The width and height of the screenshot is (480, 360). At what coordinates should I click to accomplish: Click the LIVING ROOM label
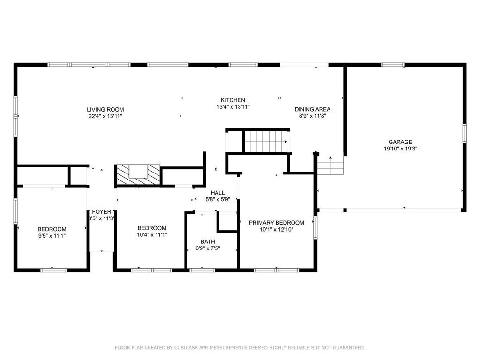pyautogui.click(x=105, y=109)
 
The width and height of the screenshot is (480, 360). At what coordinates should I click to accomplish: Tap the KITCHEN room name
pyautogui.click(x=233, y=100)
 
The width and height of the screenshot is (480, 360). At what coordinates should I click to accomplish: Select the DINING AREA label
pyautogui.click(x=313, y=109)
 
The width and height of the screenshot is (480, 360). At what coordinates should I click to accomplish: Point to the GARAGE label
pyautogui.click(x=400, y=142)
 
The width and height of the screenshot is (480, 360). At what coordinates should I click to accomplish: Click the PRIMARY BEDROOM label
pyautogui.click(x=277, y=223)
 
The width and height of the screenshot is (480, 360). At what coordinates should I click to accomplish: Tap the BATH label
pyautogui.click(x=208, y=241)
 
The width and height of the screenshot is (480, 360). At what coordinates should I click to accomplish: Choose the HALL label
pyautogui.click(x=217, y=193)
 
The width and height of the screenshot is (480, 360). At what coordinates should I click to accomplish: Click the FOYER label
pyautogui.click(x=102, y=212)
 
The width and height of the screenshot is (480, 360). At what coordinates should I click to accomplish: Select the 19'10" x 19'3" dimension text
pyautogui.click(x=400, y=149)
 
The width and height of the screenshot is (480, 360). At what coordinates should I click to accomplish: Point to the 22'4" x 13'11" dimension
pyautogui.click(x=105, y=116)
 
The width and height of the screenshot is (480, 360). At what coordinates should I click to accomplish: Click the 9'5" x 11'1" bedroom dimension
pyautogui.click(x=52, y=236)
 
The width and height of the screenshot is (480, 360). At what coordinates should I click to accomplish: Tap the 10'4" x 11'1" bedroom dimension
pyautogui.click(x=152, y=235)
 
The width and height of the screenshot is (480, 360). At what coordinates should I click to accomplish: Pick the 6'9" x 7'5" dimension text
pyautogui.click(x=208, y=248)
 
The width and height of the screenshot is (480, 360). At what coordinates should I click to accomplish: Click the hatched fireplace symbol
pyautogui.click(x=139, y=175)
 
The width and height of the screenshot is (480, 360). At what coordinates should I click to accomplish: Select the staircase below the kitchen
pyautogui.click(x=267, y=142)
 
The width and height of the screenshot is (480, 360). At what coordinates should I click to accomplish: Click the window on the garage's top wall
pyautogui.click(x=393, y=65)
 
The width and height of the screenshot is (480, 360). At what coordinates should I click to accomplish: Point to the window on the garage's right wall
pyautogui.click(x=465, y=133)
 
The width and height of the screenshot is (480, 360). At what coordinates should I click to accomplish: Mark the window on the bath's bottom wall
pyautogui.click(x=202, y=270)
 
